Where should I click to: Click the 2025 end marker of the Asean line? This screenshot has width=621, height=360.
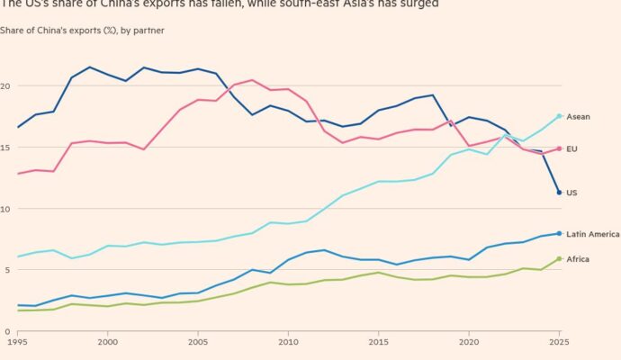(559, 116)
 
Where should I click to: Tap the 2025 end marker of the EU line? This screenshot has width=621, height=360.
(559, 148)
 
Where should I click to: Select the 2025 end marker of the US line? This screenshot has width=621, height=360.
(559, 193)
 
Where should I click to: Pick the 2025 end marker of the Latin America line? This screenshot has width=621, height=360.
(559, 233)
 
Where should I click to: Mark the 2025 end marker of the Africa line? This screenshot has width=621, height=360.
(559, 259)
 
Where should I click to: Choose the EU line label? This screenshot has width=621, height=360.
(572, 148)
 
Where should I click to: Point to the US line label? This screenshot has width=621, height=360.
(572, 193)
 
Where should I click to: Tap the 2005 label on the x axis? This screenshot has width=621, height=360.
(198, 343)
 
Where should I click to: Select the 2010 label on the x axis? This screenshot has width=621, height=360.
(288, 343)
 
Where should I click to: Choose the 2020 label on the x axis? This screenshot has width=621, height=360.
(468, 343)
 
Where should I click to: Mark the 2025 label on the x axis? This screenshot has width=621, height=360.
(558, 343)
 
